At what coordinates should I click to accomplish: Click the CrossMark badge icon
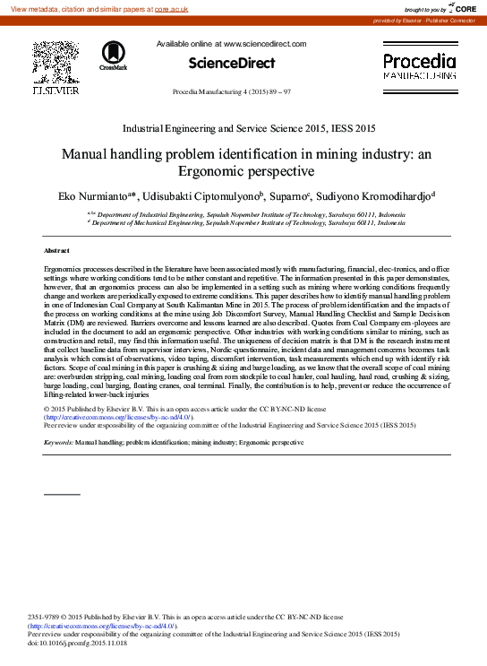pyautogui.click(x=114, y=56)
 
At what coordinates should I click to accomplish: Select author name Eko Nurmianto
pyautogui.click(x=90, y=195)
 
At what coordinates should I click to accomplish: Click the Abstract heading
pyautogui.click(x=56, y=250)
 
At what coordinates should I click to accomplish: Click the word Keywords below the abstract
pyautogui.click(x=58, y=443)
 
